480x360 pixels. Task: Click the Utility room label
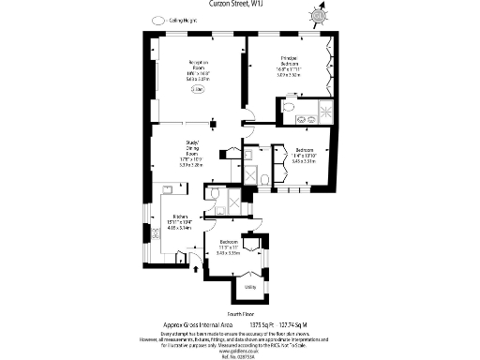coord(250,288)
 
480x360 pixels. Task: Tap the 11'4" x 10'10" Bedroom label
coord(306,155)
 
